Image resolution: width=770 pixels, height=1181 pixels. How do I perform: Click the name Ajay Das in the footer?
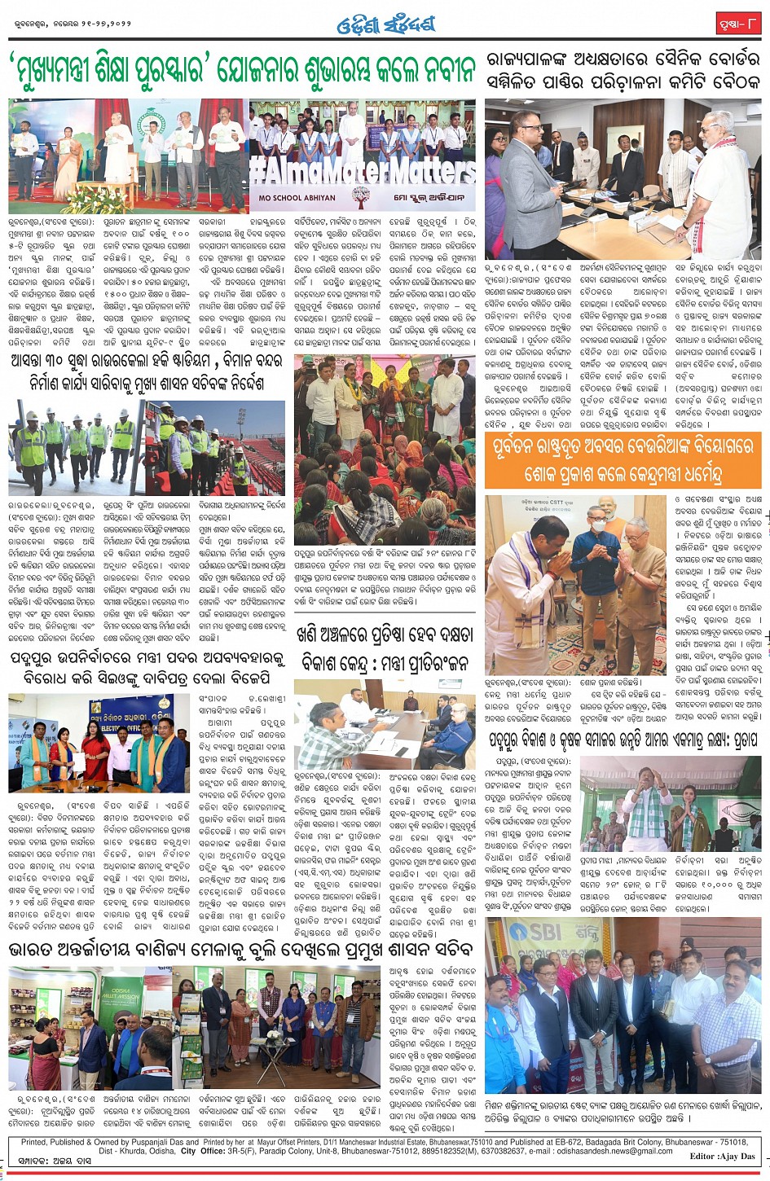coord(737,1157)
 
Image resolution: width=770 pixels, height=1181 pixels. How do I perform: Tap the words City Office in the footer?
coord(200,1151)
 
